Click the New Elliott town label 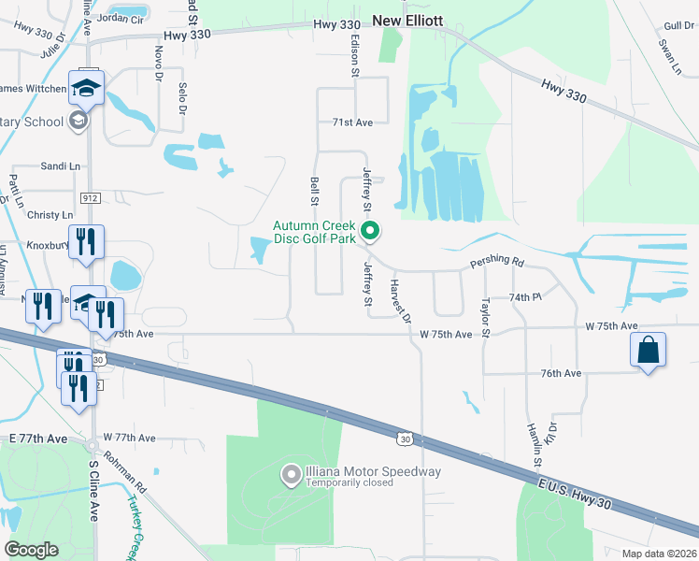click(x=407, y=20)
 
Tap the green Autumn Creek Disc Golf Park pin click(x=370, y=229)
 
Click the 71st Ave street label click(x=352, y=122)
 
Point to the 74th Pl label click(x=525, y=296)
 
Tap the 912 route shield click(x=90, y=198)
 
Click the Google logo click(x=31, y=549)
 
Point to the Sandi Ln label click(x=60, y=165)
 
